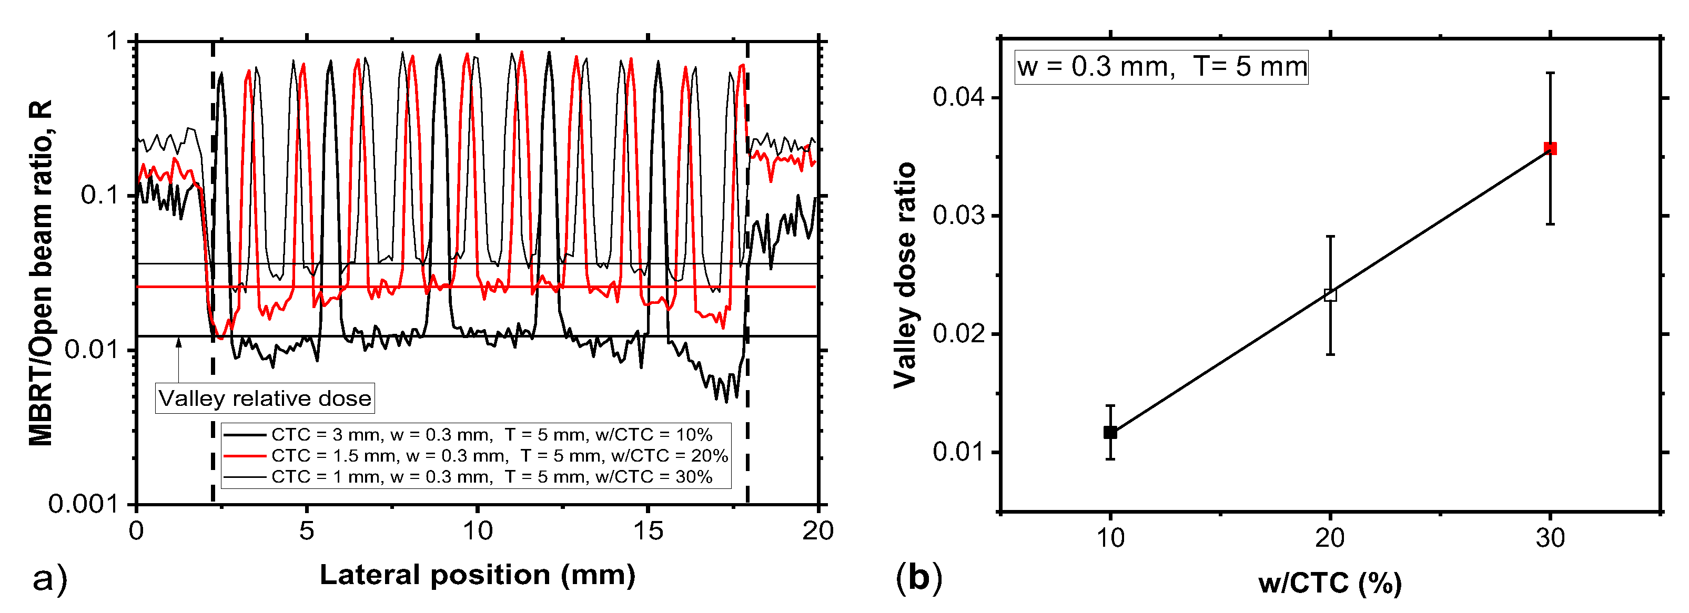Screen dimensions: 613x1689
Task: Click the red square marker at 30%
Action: pos(1550,148)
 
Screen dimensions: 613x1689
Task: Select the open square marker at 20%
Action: pos(1330,295)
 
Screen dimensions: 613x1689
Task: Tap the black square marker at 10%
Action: pos(1110,432)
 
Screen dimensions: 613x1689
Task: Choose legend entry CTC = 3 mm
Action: pos(491,434)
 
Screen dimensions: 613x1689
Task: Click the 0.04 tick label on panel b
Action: pos(958,97)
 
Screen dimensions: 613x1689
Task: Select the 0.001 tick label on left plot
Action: pos(83,504)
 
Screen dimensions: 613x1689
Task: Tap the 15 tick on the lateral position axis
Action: pos(648,530)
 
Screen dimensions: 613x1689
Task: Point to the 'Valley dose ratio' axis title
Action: pos(905,275)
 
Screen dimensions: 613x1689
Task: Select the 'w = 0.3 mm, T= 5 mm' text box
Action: pos(1161,67)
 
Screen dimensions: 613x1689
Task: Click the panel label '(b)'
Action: pos(918,578)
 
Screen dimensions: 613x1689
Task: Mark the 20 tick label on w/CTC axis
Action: pos(1330,538)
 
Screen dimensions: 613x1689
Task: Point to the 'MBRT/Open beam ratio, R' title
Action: pos(41,272)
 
